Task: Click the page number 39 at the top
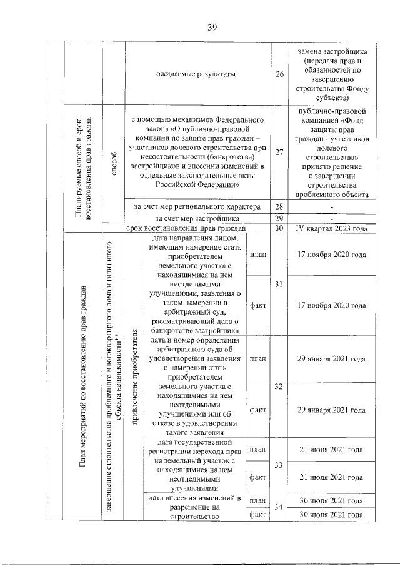click(212, 26)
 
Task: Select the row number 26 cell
click(279, 75)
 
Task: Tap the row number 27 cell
click(279, 152)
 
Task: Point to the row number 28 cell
click(279, 207)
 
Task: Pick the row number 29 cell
click(279, 218)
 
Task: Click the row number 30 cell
click(279, 228)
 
